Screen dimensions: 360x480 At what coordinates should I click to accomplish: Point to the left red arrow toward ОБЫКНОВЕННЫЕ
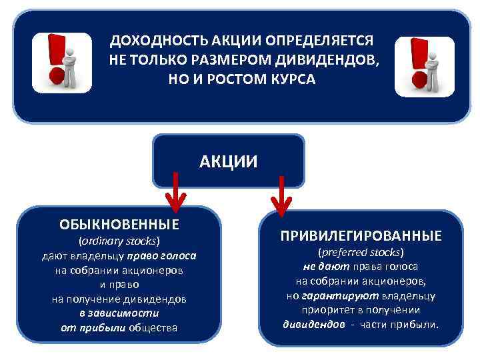pyautogui.click(x=176, y=190)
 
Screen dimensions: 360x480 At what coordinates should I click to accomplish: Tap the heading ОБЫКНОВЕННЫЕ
pyautogui.click(x=119, y=223)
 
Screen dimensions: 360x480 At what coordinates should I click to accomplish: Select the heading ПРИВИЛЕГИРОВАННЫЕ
pyautogui.click(x=361, y=236)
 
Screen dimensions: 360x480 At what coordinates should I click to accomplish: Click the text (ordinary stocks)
pyautogui.click(x=120, y=241)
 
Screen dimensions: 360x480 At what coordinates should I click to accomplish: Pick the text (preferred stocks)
pyautogui.click(x=361, y=253)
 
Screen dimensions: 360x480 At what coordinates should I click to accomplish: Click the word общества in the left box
pyautogui.click(x=153, y=327)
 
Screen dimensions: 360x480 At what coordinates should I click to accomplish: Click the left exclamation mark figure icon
pyautogui.click(x=63, y=62)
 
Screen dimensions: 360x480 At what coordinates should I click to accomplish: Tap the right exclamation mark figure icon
pyautogui.click(x=425, y=65)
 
